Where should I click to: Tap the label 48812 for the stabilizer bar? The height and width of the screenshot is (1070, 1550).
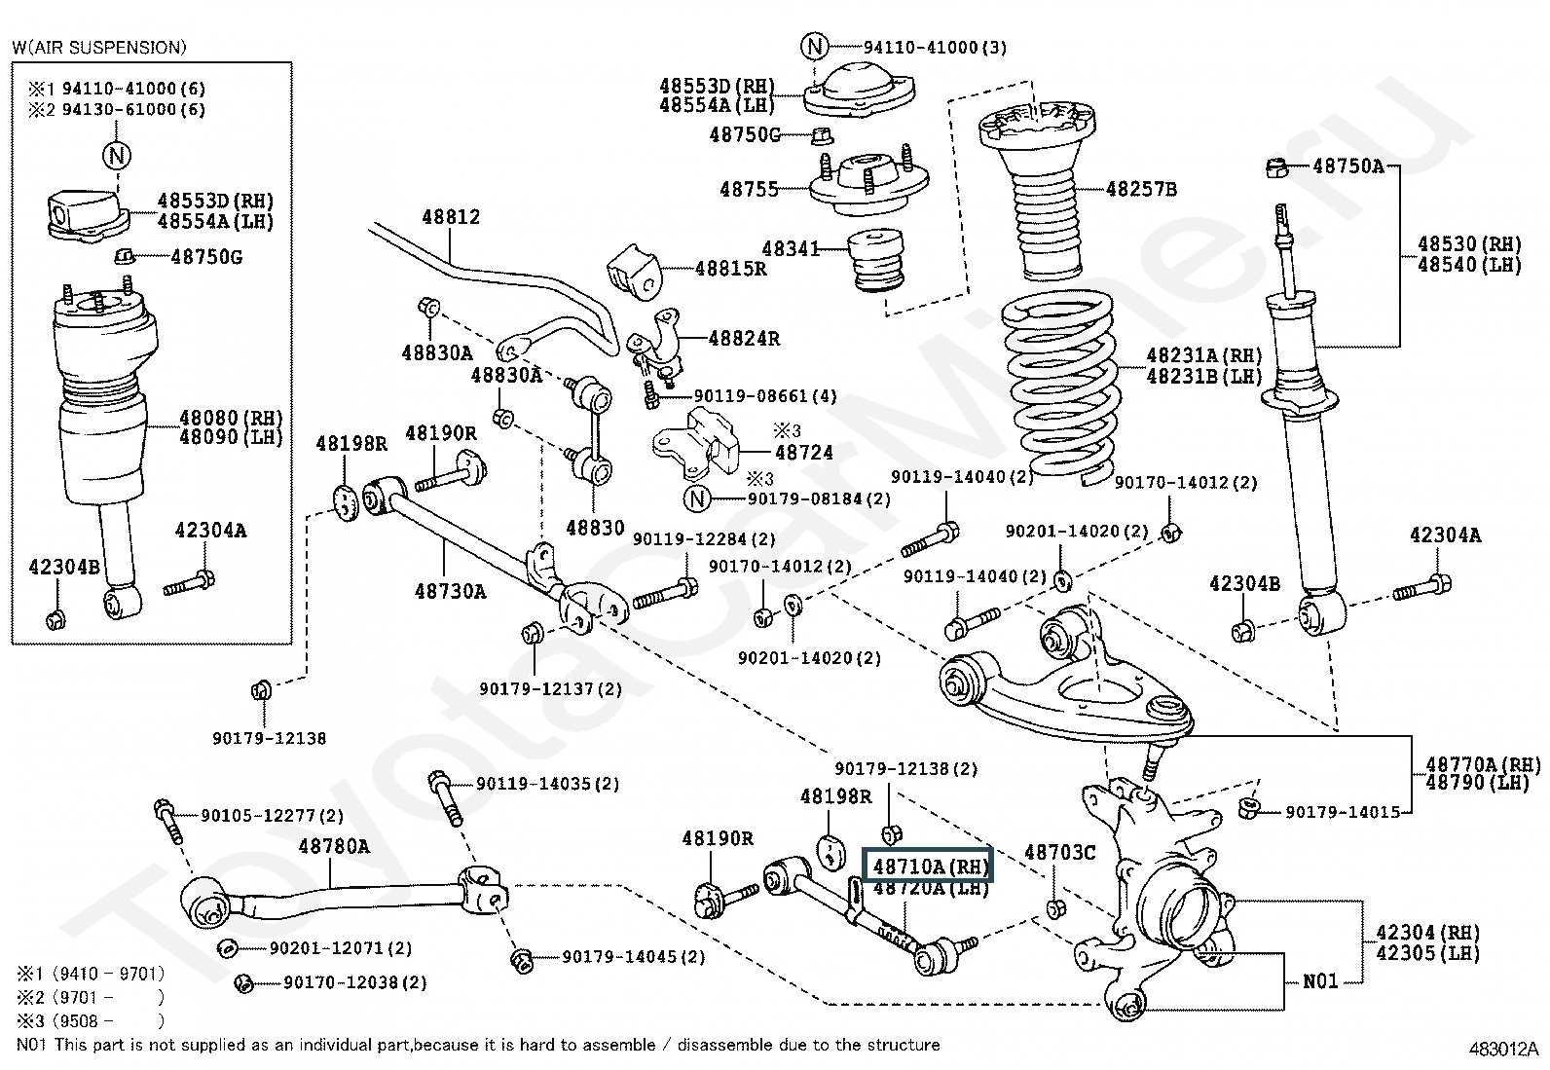451,217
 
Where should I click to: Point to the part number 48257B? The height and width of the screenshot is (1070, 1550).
1141,189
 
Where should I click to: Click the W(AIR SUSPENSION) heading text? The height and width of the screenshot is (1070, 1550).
99,47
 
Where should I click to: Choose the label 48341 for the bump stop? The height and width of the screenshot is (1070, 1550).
791,250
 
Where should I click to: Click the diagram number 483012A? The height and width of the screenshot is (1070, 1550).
1503,1050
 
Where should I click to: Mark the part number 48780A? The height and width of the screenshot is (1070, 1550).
334,847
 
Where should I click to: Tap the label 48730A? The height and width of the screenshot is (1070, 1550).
450,591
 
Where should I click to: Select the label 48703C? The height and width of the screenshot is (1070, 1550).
1059,854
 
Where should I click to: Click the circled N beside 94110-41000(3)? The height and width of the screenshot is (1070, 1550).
815,46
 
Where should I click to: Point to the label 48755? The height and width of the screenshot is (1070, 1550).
749,190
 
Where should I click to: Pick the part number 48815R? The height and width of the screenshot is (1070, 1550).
730,268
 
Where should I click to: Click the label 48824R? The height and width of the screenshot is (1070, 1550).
744,339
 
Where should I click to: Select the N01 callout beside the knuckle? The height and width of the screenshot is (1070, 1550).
1320,980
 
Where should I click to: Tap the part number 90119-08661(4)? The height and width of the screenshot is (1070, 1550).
764,396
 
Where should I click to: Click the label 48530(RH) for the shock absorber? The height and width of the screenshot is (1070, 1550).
1468,243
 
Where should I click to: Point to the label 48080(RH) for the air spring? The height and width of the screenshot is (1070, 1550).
231,419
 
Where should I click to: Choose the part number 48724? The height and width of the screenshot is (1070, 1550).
804,454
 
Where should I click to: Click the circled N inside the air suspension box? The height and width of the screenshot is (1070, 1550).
117,156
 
